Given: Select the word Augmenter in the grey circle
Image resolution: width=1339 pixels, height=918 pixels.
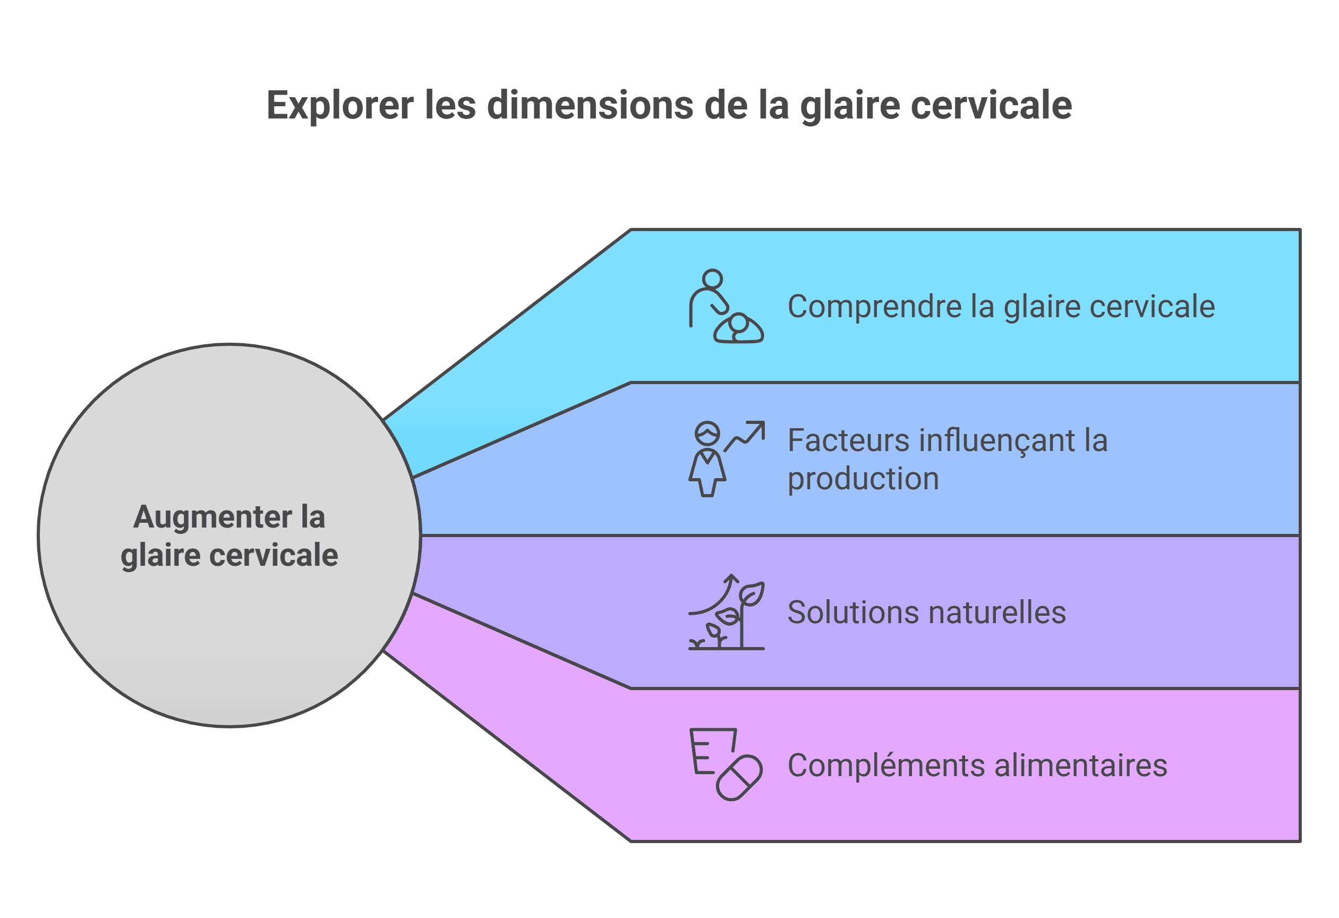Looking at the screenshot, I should click(x=212, y=517).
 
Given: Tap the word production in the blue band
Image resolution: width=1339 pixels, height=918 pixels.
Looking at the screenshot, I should click(x=863, y=479).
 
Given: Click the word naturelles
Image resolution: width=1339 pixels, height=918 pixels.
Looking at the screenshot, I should click(x=997, y=613).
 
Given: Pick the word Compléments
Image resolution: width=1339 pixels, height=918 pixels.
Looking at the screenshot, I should click(x=885, y=766).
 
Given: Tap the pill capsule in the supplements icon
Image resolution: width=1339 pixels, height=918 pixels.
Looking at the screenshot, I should click(x=739, y=778).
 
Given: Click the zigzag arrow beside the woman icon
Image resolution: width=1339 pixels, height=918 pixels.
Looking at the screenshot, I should click(x=745, y=436).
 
